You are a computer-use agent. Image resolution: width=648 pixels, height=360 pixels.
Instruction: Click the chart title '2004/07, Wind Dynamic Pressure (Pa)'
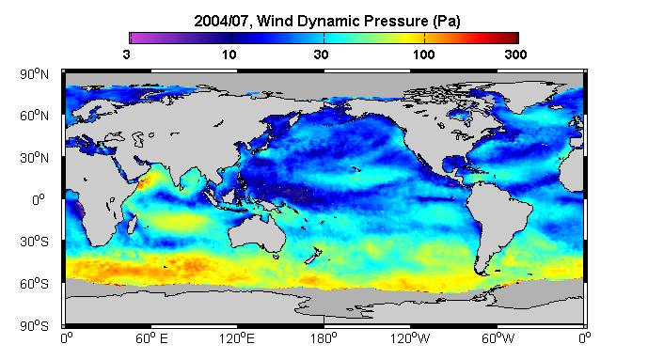[327, 21]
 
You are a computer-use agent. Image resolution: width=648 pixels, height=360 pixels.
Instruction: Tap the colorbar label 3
[126, 55]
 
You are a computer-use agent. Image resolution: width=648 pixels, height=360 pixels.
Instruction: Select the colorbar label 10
[229, 55]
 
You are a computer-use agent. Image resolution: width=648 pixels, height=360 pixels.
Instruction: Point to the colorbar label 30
[321, 55]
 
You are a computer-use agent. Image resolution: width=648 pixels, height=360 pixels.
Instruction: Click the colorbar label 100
[423, 55]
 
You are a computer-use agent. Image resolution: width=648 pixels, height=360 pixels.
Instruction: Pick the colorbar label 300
[515, 55]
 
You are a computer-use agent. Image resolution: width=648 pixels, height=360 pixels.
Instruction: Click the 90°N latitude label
[34, 74]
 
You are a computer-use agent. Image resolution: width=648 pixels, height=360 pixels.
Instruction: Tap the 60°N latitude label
[34, 116]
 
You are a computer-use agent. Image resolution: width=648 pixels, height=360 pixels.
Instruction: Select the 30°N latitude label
[34, 158]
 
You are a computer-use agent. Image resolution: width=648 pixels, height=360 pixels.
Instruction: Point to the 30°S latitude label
[34, 242]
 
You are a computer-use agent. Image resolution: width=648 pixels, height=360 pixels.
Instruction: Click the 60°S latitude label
[34, 284]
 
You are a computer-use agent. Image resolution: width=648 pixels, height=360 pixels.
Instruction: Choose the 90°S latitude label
[34, 326]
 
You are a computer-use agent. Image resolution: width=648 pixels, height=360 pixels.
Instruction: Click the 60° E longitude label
[151, 339]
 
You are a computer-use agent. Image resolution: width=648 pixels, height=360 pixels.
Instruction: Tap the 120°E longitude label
[237, 339]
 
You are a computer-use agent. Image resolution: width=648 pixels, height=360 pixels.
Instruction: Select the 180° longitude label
[324, 339]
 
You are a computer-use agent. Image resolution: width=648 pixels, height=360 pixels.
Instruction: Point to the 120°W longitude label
[410, 339]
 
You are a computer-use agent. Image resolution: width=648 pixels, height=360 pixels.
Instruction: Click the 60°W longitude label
[498, 339]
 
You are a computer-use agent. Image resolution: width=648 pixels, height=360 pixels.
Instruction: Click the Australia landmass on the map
[259, 234]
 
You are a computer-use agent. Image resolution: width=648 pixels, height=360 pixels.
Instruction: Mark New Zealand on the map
[314, 256]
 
